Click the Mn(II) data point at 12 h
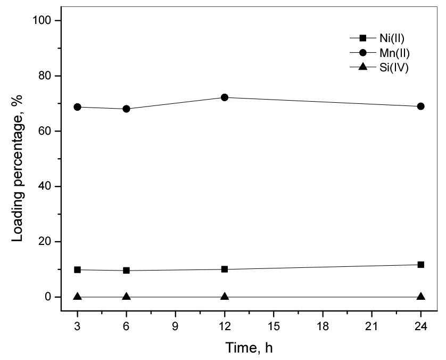(225, 97)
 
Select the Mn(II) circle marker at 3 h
(78, 107)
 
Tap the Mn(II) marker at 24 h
(421, 107)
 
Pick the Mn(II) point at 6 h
(127, 109)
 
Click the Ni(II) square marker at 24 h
(421, 265)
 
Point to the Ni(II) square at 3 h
(78, 270)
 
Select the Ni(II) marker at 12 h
(225, 269)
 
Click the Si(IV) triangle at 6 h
(127, 297)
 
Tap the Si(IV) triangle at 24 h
(421, 297)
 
